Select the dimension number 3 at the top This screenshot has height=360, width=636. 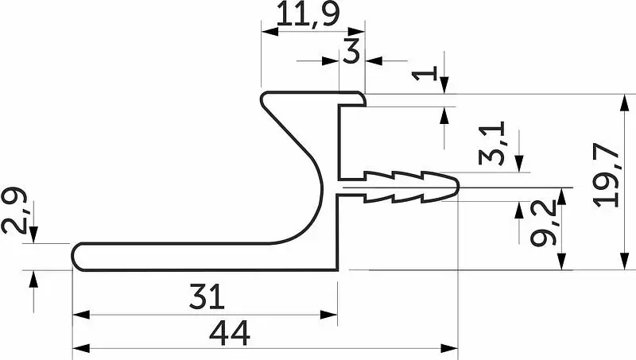point(351,52)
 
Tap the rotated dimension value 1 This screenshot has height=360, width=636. point(425,73)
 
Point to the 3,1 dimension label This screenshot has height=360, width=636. point(491,143)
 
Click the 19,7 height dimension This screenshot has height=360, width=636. point(606,175)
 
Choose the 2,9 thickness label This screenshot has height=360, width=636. point(14,210)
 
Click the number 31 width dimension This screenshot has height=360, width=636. point(207,296)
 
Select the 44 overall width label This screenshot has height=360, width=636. point(230,332)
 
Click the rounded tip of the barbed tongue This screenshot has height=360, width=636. point(458,188)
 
